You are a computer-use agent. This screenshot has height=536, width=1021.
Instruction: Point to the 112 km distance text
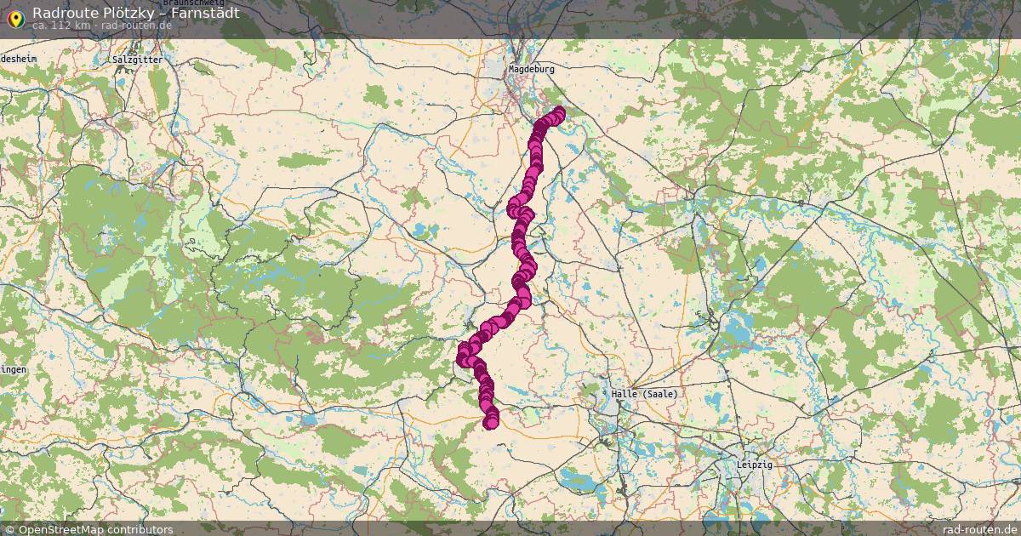pyautogui.click(x=71, y=26)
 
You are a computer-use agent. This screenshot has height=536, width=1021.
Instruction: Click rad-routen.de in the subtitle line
pyautogui.click(x=137, y=26)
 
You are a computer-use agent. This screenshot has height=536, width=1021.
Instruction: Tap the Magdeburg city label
pyautogui.click(x=531, y=69)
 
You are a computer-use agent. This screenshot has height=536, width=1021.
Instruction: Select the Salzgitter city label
pyautogui.click(x=137, y=60)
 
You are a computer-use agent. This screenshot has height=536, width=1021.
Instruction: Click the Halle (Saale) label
pyautogui.click(x=644, y=394)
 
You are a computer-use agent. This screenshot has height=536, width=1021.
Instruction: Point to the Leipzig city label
pyautogui.click(x=755, y=465)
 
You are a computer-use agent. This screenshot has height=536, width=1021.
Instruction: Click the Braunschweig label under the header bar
pyautogui.click(x=193, y=3)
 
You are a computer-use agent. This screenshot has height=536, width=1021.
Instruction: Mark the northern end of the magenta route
pyautogui.click(x=559, y=113)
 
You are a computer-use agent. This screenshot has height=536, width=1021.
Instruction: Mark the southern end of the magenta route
pyautogui.click(x=490, y=423)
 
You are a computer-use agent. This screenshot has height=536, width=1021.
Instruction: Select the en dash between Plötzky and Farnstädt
pyautogui.click(x=155, y=14)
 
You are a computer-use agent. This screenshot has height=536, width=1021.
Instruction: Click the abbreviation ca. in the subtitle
pyautogui.click(x=40, y=26)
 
